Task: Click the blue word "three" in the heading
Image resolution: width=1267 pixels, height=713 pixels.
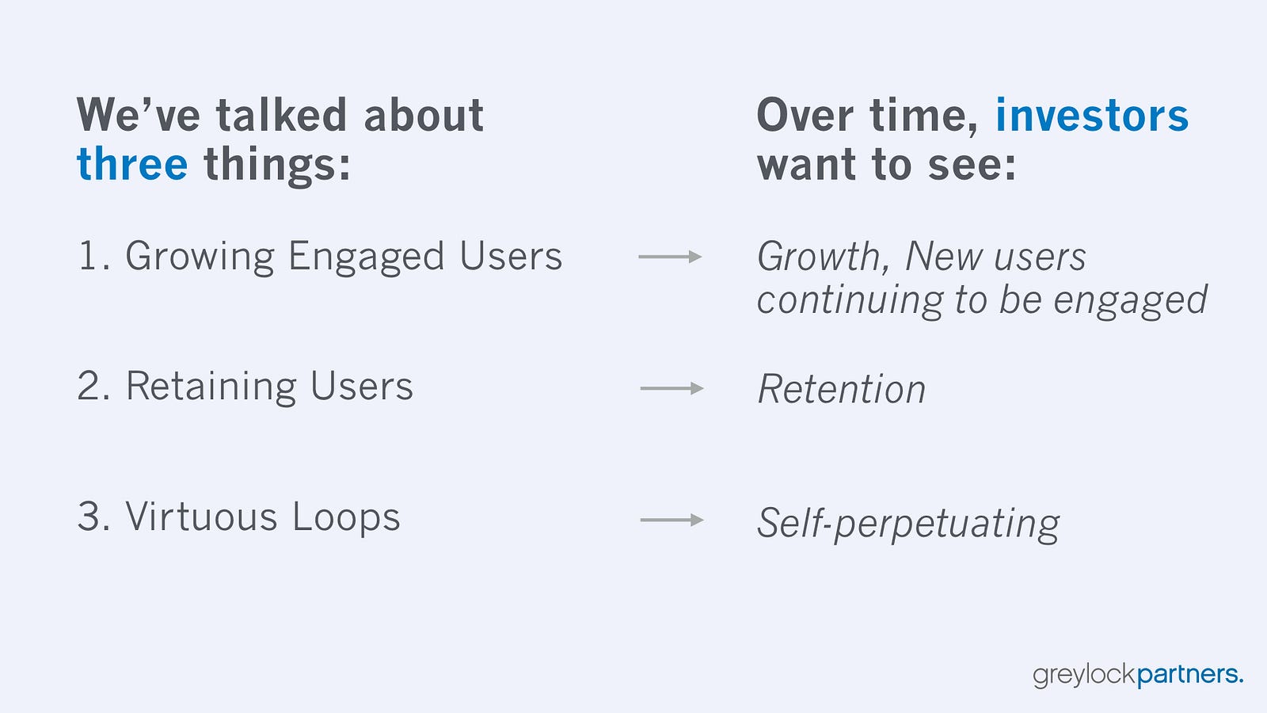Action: pos(132,163)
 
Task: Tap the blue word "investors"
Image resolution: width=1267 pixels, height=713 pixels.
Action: pos(1092,115)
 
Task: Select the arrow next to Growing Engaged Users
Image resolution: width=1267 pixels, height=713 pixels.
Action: pos(670,257)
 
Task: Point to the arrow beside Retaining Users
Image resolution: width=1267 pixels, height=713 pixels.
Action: pos(672,388)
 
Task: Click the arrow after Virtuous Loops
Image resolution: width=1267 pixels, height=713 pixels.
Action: pos(672,520)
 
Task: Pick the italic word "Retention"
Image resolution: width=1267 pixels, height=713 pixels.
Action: pos(842,389)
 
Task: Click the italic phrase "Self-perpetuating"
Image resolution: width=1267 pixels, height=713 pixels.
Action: pos(908,524)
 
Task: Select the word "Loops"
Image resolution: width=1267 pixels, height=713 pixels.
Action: pos(346,517)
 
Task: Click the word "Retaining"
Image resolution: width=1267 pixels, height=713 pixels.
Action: pos(211,387)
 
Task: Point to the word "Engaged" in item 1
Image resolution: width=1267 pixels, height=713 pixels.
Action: pos(366,257)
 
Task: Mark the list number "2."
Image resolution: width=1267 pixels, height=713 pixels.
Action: pos(94,386)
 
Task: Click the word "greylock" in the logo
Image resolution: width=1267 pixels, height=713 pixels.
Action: pos(1084,675)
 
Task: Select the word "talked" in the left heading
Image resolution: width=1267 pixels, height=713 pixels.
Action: pos(281,115)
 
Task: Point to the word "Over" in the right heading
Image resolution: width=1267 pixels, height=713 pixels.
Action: pos(805,115)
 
